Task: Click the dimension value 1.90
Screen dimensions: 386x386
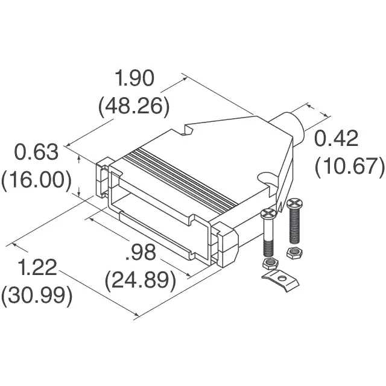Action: click(x=134, y=78)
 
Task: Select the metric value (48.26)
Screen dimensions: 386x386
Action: click(x=134, y=106)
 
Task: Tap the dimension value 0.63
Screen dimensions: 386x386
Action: click(x=36, y=153)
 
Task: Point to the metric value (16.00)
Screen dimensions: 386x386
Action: click(x=36, y=180)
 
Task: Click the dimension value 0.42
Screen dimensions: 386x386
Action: click(x=336, y=139)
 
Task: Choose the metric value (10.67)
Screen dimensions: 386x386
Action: click(x=350, y=166)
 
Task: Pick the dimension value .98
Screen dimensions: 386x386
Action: click(x=141, y=252)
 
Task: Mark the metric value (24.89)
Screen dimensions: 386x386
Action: click(x=141, y=280)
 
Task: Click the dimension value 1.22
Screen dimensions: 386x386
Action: click(x=37, y=268)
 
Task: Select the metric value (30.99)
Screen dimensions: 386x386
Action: click(x=37, y=296)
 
